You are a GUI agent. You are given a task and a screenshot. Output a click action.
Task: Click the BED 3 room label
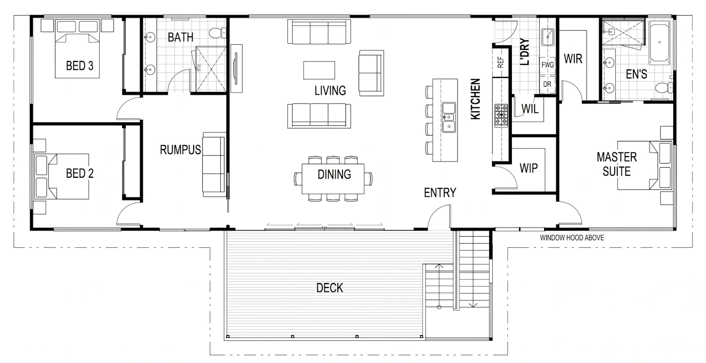(80, 66)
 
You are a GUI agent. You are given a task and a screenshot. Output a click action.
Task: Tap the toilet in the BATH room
(217, 32)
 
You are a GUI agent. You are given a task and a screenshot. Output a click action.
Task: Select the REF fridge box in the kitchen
(500, 62)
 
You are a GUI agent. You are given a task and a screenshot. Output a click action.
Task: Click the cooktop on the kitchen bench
(501, 115)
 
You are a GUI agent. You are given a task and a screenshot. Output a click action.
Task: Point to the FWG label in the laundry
(548, 65)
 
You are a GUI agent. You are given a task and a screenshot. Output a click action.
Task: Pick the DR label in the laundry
(547, 84)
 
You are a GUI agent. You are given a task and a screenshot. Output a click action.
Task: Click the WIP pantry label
(528, 168)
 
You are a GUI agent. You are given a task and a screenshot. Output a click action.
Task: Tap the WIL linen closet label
(530, 109)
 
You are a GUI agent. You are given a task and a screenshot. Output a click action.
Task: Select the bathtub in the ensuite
(659, 43)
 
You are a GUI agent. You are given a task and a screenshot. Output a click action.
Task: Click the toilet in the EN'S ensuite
(664, 87)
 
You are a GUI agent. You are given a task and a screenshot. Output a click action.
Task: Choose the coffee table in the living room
(319, 70)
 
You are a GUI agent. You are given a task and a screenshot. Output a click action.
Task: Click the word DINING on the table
(334, 174)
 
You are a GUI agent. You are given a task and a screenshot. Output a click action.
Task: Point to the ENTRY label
(440, 192)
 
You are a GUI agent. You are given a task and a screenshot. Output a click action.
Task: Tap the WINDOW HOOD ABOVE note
(572, 238)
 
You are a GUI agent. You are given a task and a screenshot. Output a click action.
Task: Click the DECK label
(330, 288)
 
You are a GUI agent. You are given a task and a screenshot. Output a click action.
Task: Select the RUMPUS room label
(181, 150)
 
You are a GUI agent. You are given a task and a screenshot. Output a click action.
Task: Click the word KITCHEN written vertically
(475, 99)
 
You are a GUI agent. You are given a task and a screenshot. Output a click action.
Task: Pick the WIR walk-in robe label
(573, 59)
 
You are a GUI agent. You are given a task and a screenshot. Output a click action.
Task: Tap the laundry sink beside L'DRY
(548, 37)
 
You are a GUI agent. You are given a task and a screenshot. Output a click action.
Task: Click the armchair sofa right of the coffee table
(371, 73)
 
